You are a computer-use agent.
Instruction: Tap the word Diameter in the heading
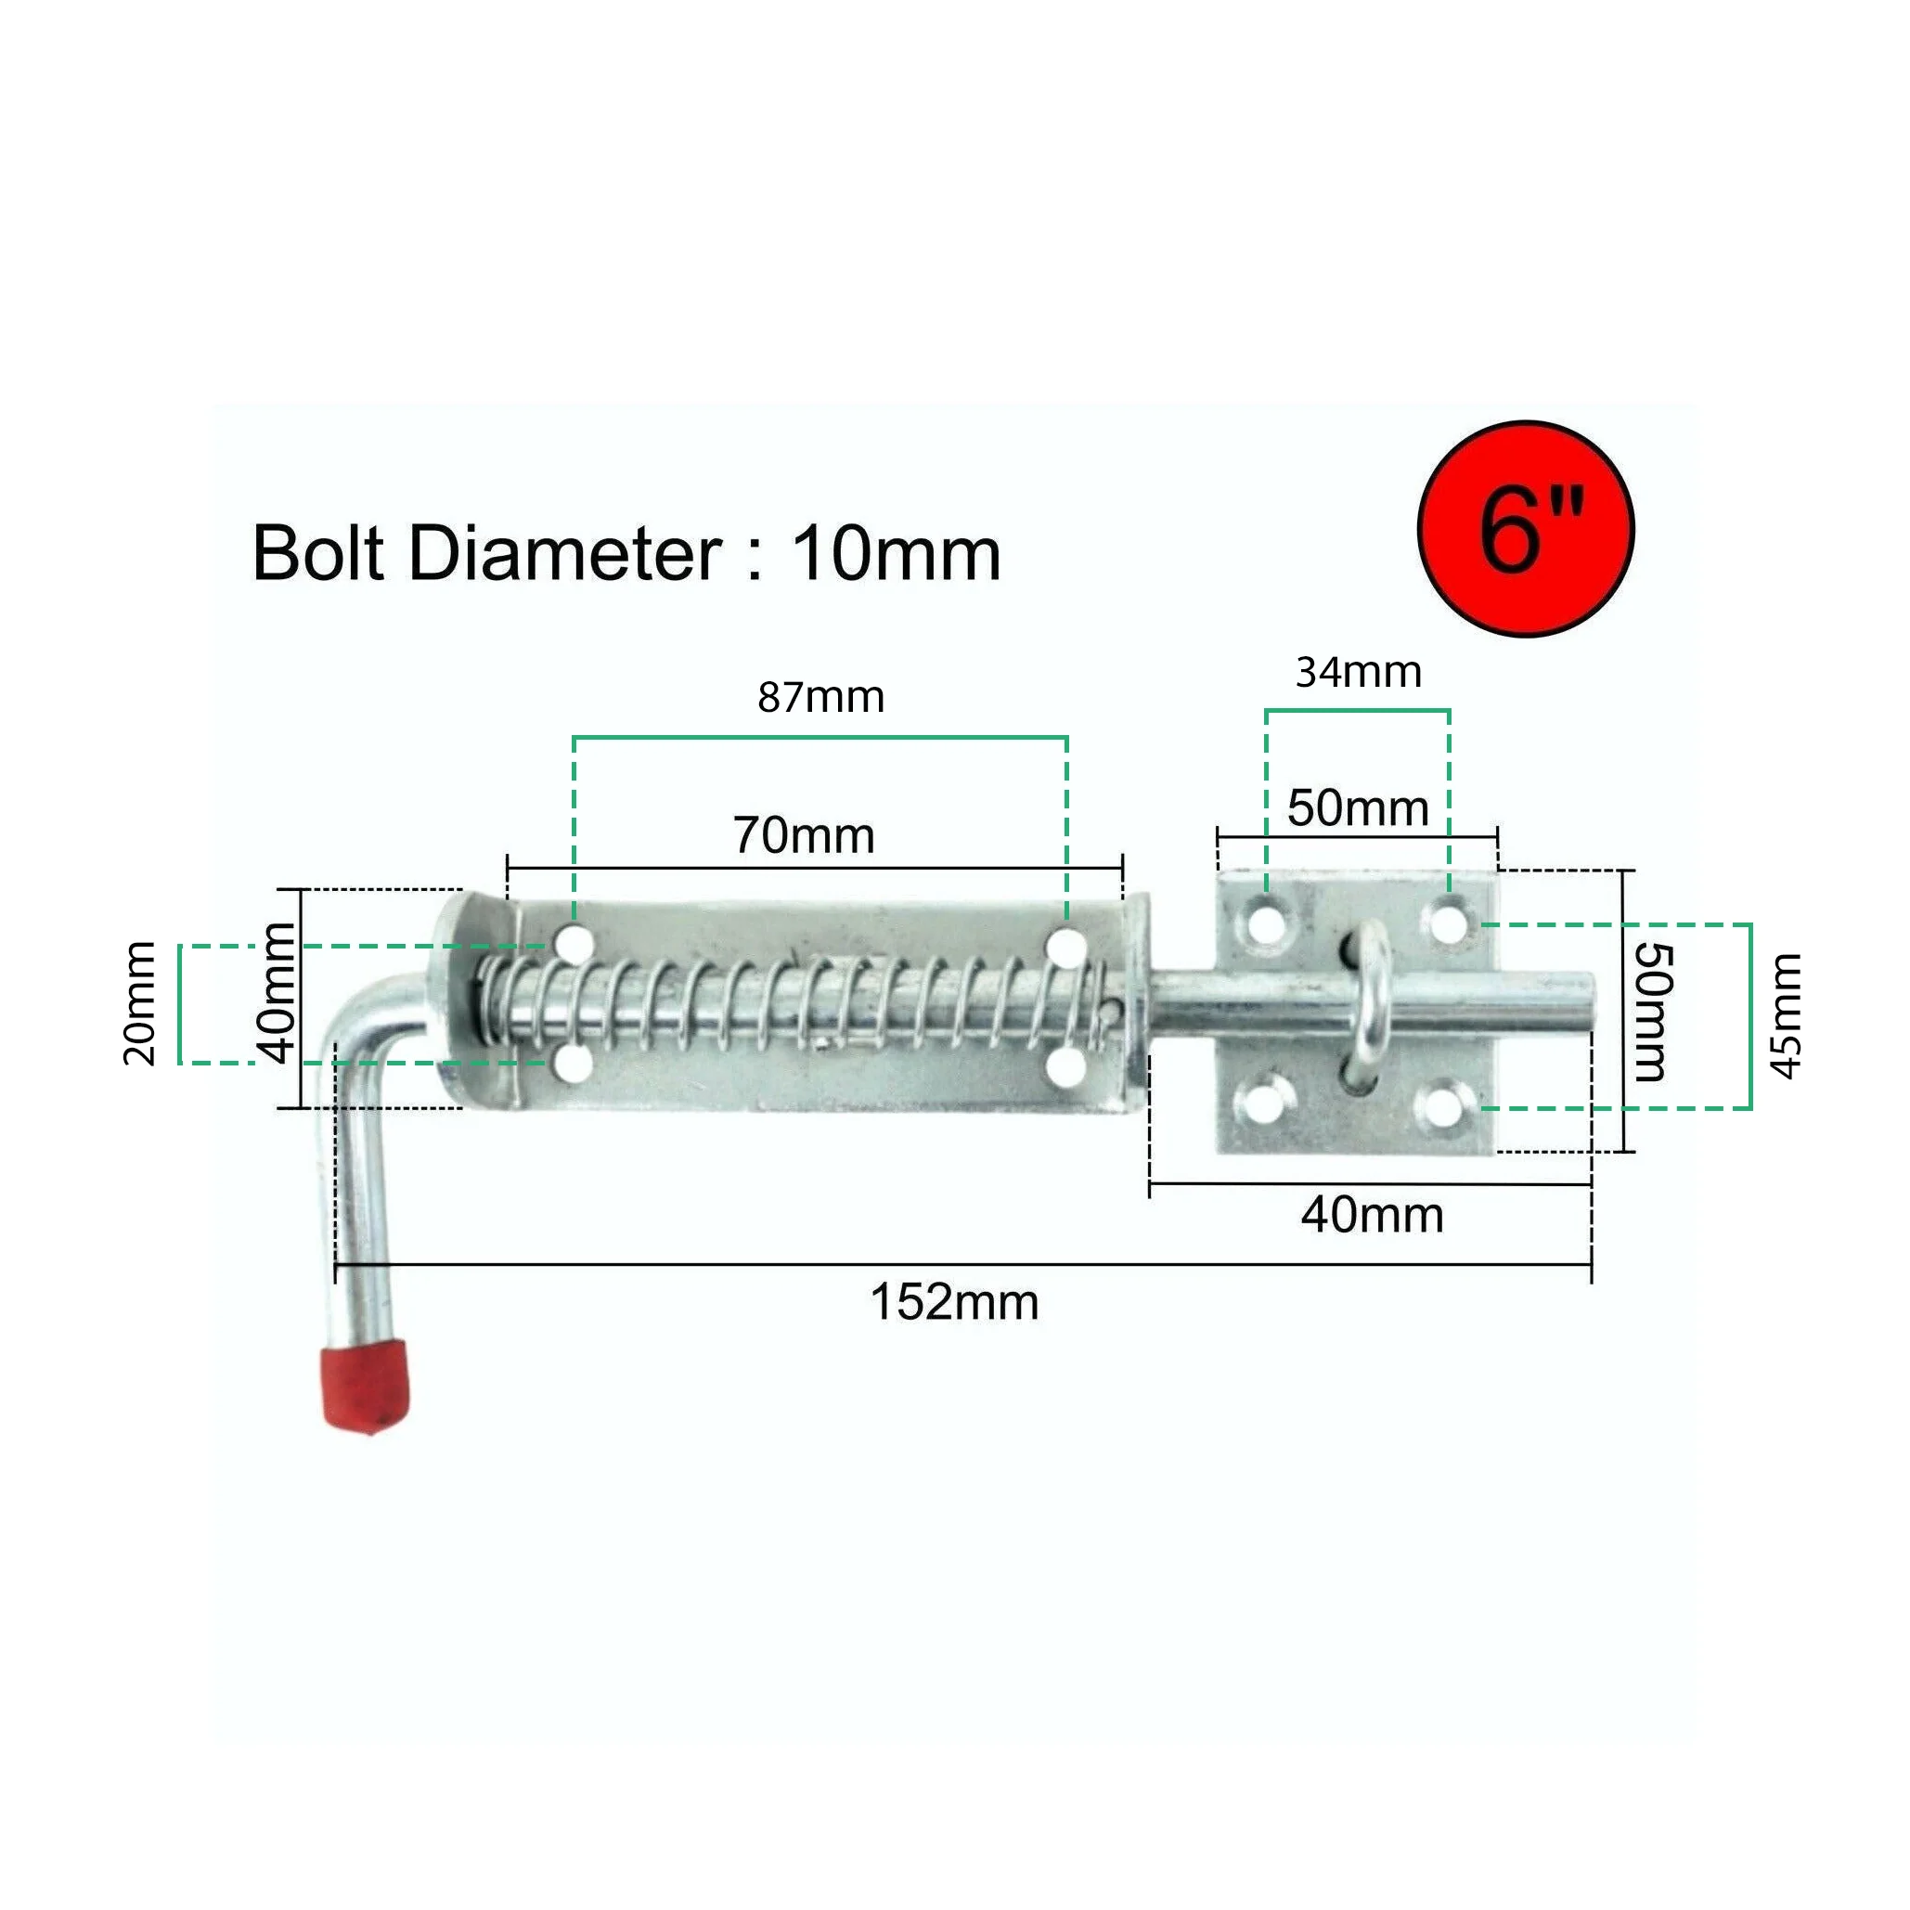point(564,554)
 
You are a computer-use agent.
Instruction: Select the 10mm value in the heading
point(896,554)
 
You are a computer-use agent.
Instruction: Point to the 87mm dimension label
point(820,697)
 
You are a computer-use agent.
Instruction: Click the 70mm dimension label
point(804,835)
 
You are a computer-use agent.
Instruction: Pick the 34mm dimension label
point(1359,672)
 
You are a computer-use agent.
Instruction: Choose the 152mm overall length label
point(954,1302)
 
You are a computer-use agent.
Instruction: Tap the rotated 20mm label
point(139,1003)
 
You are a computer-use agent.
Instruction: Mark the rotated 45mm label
point(1786,1016)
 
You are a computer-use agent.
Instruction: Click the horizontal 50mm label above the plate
point(1358,807)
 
